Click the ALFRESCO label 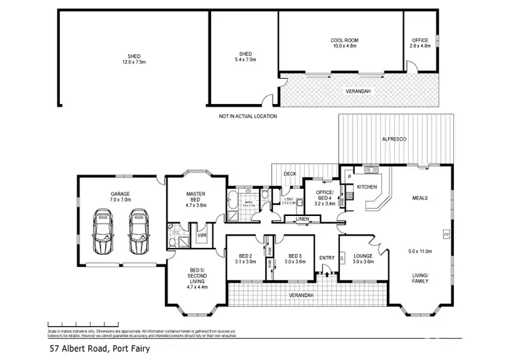[394, 139]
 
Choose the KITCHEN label [367, 186]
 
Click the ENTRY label [327, 257]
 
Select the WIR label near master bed [202, 236]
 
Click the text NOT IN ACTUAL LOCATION [248, 116]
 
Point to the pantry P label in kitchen [348, 176]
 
